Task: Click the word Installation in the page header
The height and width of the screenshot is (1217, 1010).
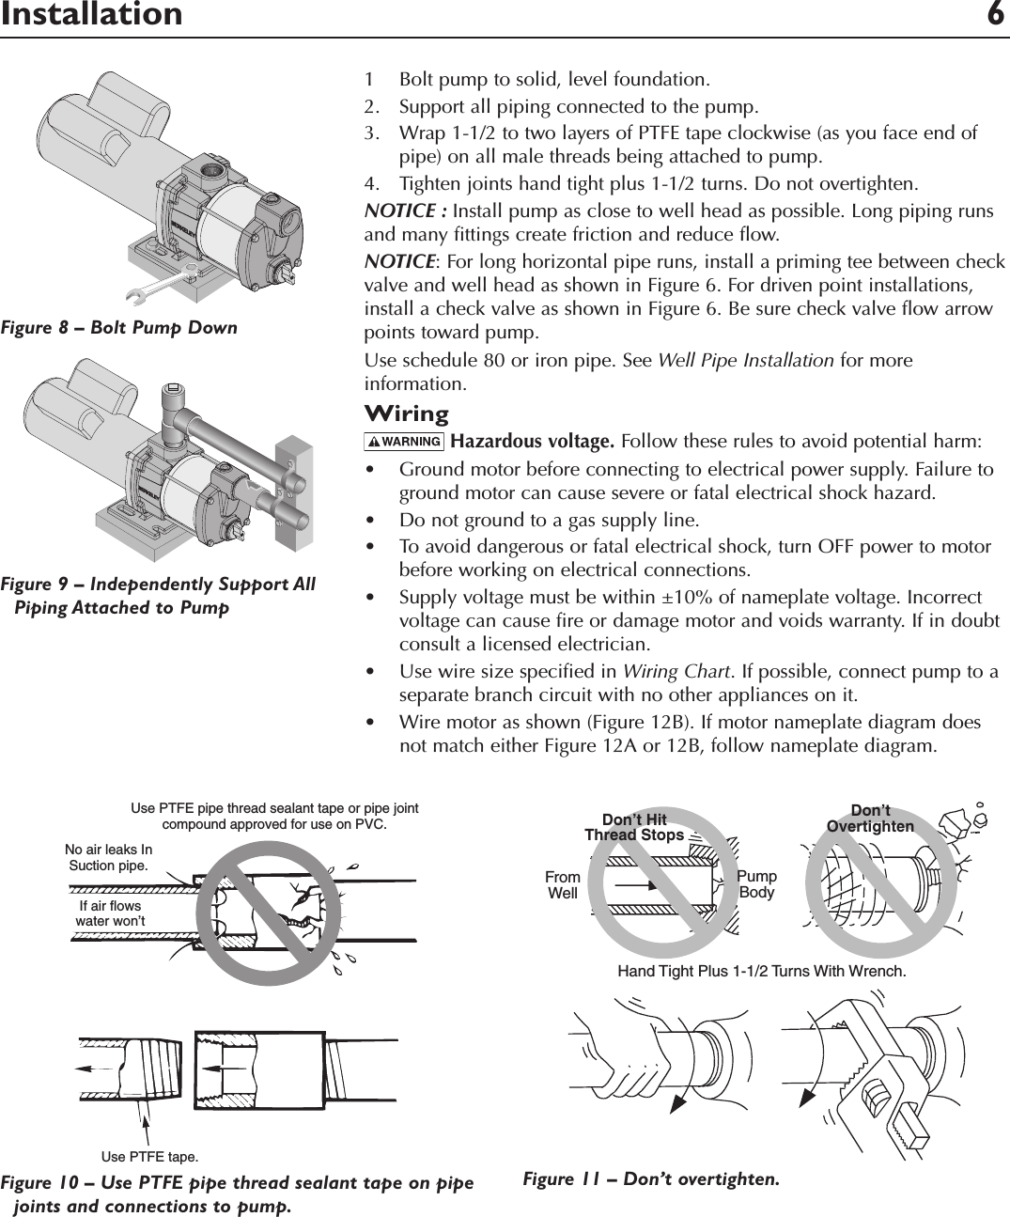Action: pyautogui.click(x=91, y=15)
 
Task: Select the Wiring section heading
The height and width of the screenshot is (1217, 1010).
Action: pyautogui.click(x=406, y=414)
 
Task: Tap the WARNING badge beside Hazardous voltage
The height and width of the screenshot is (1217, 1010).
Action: pyautogui.click(x=405, y=442)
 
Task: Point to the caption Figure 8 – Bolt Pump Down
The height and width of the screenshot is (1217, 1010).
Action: pyautogui.click(x=119, y=328)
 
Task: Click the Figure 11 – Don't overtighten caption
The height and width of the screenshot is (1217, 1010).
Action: pyautogui.click(x=651, y=1178)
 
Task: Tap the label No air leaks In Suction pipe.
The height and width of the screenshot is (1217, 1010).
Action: pyautogui.click(x=109, y=858)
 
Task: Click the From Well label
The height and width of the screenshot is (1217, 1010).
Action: pyautogui.click(x=563, y=885)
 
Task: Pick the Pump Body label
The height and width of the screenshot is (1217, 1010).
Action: pyautogui.click(x=757, y=884)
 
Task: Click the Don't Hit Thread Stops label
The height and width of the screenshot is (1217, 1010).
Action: pyautogui.click(x=634, y=827)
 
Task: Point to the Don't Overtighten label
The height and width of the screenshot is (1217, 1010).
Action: pyautogui.click(x=870, y=819)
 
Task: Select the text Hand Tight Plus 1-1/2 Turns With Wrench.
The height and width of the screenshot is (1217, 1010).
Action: pyautogui.click(x=761, y=972)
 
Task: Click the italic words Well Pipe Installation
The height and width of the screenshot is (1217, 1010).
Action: pyautogui.click(x=745, y=361)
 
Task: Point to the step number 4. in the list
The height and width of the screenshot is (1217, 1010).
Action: pyautogui.click(x=372, y=181)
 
